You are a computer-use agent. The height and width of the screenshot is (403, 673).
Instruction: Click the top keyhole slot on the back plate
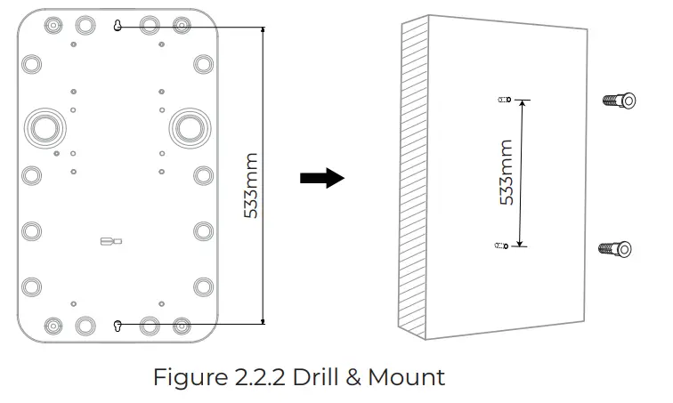coord(118,27)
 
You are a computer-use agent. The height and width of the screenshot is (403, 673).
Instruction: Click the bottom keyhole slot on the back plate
coord(118,326)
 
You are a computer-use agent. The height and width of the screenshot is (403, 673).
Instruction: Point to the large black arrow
coord(321,178)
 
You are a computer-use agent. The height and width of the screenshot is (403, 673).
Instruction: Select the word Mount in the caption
coord(405,377)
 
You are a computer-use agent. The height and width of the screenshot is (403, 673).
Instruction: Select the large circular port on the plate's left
coord(43,127)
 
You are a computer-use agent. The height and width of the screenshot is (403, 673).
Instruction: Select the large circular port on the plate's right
coord(190,127)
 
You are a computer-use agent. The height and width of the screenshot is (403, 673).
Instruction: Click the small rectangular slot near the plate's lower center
coord(111,239)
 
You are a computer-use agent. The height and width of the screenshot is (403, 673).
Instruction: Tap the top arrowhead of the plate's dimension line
coord(264,31)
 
